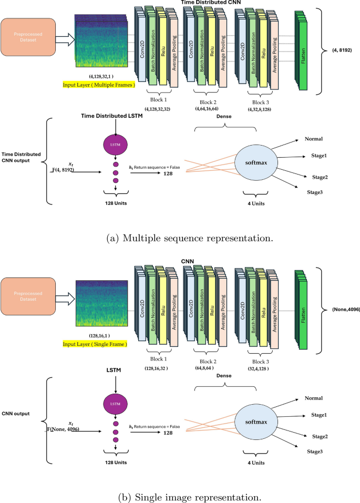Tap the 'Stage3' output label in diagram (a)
[x=315, y=192]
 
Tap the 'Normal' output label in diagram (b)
[x=313, y=398]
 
